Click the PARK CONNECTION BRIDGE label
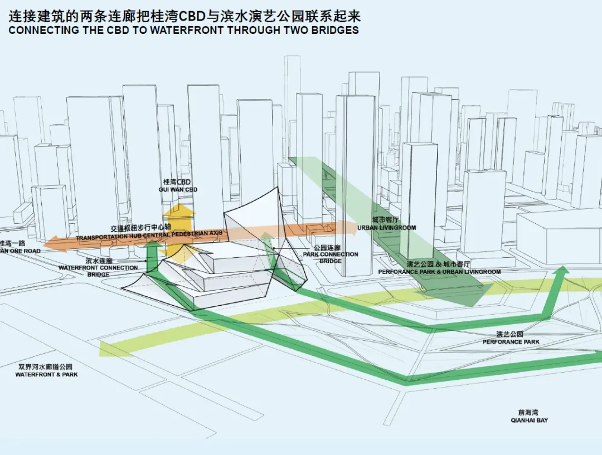331,254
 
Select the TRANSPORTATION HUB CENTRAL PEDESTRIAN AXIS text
149,238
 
